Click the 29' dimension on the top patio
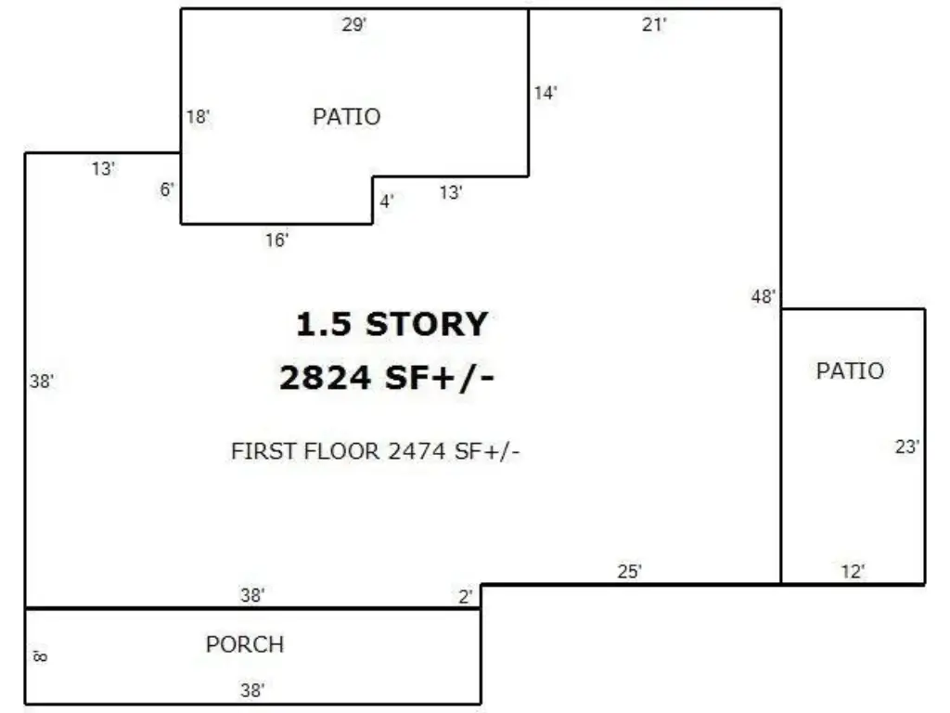(x=354, y=25)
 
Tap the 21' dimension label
(x=654, y=25)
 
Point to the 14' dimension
(x=546, y=94)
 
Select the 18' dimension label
(x=199, y=116)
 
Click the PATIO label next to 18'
(x=347, y=116)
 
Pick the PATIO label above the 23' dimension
(x=850, y=371)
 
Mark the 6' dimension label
(x=167, y=189)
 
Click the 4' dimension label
(x=387, y=201)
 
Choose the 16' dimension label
(x=276, y=240)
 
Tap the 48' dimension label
(x=764, y=297)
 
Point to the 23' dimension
(x=907, y=447)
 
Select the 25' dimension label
(x=630, y=572)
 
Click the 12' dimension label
(x=854, y=572)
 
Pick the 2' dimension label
(x=466, y=597)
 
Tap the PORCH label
(x=245, y=644)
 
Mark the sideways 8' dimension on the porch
(x=40, y=656)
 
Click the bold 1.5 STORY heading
(x=392, y=324)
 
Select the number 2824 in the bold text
(x=325, y=378)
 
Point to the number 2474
(x=417, y=452)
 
